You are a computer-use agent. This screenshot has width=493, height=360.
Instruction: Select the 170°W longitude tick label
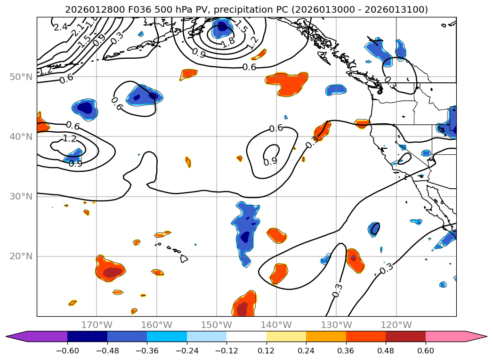(x=97, y=325)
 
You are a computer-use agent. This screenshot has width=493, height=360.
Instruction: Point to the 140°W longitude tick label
(x=276, y=325)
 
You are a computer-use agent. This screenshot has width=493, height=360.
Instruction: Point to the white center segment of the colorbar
(x=246, y=336)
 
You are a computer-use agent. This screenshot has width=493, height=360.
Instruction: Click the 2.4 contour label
(x=60, y=27)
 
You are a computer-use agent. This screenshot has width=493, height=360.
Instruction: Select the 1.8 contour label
(x=228, y=42)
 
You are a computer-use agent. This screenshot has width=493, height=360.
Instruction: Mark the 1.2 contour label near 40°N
(x=69, y=139)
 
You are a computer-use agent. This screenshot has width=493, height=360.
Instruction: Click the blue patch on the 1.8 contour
(x=222, y=28)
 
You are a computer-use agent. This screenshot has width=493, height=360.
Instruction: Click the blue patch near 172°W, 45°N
(x=85, y=108)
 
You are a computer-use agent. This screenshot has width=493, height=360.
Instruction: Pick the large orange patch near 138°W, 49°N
(x=287, y=83)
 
